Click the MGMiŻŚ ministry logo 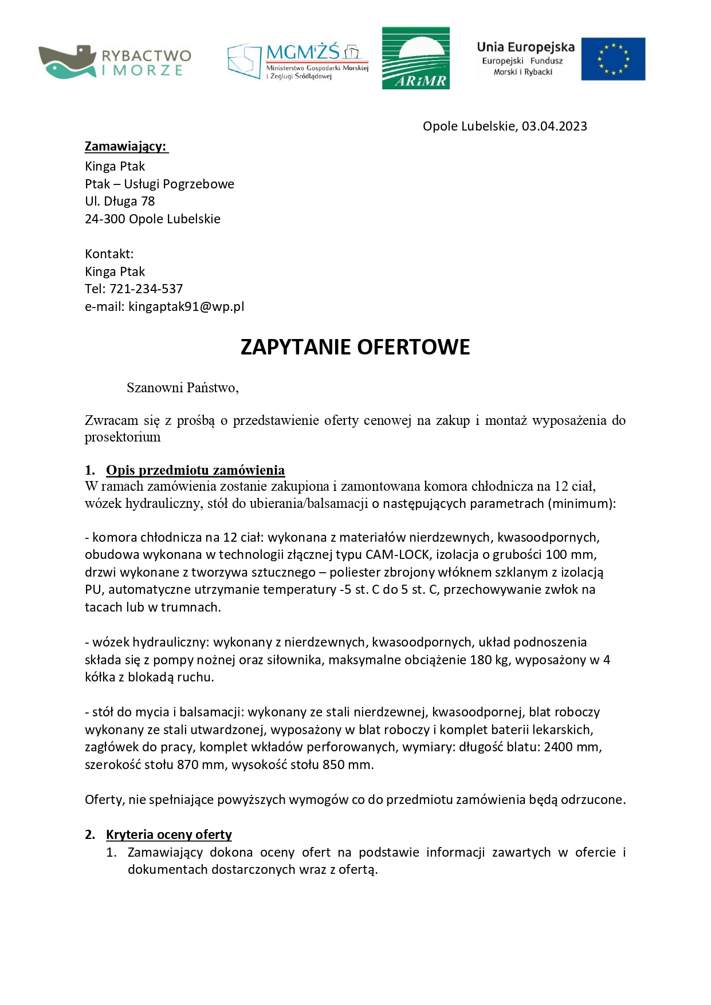click(x=298, y=60)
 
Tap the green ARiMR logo click(x=415, y=58)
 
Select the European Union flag click(x=612, y=59)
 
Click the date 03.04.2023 click(x=554, y=127)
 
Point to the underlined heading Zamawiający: click(x=126, y=147)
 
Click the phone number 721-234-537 click(x=146, y=289)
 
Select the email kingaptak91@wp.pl click(x=186, y=306)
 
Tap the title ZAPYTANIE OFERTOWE click(x=355, y=348)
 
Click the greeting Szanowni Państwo click(x=182, y=388)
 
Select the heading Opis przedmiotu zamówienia click(x=195, y=470)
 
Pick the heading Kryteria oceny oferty click(x=169, y=835)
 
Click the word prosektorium click(x=123, y=438)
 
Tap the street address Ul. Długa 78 click(x=120, y=202)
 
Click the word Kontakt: click(x=109, y=254)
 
